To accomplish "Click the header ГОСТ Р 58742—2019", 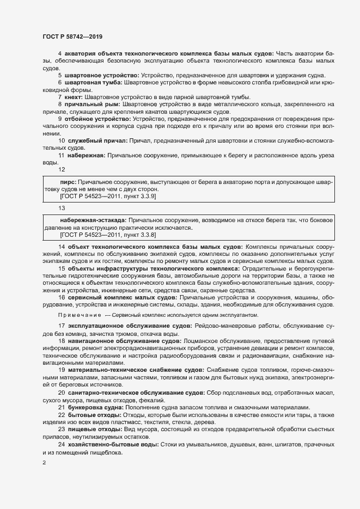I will click(x=72, y=36).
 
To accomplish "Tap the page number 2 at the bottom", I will click(x=44, y=463).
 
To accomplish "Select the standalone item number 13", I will click(x=62, y=208).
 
